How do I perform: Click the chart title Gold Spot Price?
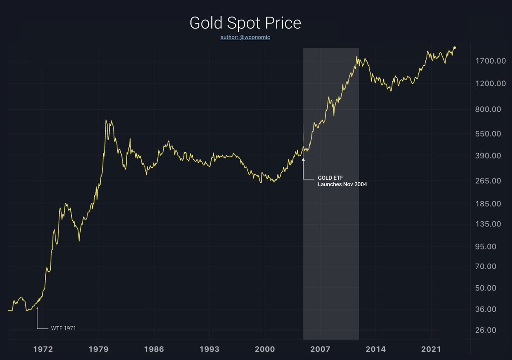tap(245, 23)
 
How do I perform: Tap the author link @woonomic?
tap(245, 38)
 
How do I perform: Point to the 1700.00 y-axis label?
tap(490, 61)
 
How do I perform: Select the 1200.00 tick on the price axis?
tap(490, 83)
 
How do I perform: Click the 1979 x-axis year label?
tap(99, 349)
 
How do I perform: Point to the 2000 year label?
tap(265, 349)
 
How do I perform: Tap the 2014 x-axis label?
tap(375, 349)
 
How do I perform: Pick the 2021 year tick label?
tap(431, 349)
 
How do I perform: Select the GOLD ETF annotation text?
tap(330, 178)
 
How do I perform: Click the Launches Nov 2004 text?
tap(342, 185)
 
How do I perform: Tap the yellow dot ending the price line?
tap(454, 48)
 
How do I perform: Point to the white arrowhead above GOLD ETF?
tap(303, 160)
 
